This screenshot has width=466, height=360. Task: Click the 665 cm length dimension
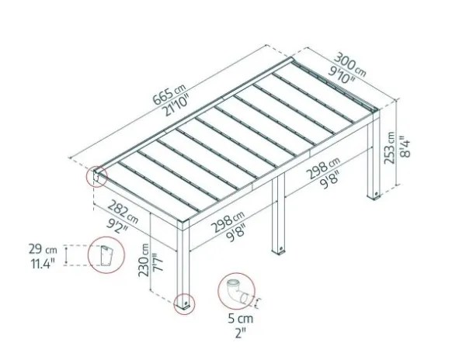[x=169, y=94]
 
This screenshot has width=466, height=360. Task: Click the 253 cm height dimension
[x=389, y=147]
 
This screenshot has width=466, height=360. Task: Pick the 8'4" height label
[x=405, y=147]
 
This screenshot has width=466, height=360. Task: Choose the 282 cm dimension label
[x=123, y=211]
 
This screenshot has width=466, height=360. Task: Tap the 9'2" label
[x=117, y=225]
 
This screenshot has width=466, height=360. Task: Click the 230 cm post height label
[x=144, y=260]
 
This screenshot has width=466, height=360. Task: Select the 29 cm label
[x=43, y=249]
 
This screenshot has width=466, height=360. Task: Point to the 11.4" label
[x=43, y=264]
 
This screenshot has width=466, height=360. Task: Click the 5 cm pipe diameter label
[x=241, y=319]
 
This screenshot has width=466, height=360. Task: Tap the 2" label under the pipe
[x=240, y=333]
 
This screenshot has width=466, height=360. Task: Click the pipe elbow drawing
[x=237, y=292]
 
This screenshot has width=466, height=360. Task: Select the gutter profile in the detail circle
[x=106, y=255]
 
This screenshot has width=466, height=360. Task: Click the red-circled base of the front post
[x=184, y=304]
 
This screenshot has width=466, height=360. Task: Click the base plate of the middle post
[x=279, y=251]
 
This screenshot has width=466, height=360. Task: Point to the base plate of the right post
[x=374, y=196]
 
